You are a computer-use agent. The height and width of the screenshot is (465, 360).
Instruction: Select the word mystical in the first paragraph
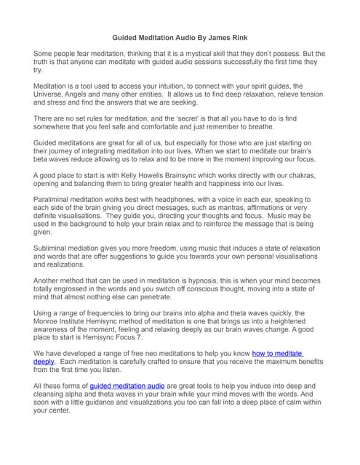pos(180,54)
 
